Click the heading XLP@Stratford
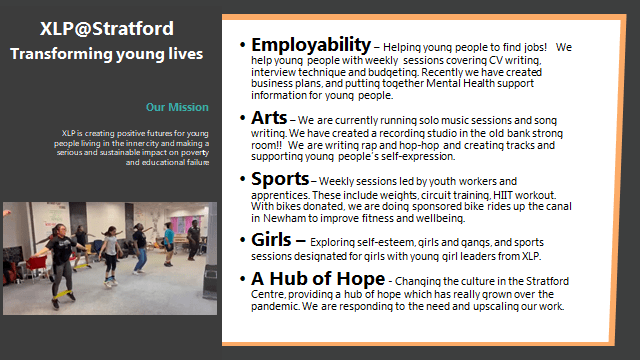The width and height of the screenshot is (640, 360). tap(107, 29)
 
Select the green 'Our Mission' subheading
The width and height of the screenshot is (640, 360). tap(177, 107)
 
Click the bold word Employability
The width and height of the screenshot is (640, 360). tap(311, 45)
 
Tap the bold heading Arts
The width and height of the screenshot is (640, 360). tap(269, 118)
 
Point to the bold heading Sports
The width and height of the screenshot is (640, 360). tap(280, 179)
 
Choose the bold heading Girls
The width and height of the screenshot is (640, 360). tap(271, 240)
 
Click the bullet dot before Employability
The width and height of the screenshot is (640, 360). tap(242, 44)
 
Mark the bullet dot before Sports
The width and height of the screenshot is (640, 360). tap(242, 179)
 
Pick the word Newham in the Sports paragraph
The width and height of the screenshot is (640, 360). tap(284, 218)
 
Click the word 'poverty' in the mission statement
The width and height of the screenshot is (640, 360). tap(195, 153)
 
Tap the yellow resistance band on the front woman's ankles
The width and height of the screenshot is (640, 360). tap(63, 294)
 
